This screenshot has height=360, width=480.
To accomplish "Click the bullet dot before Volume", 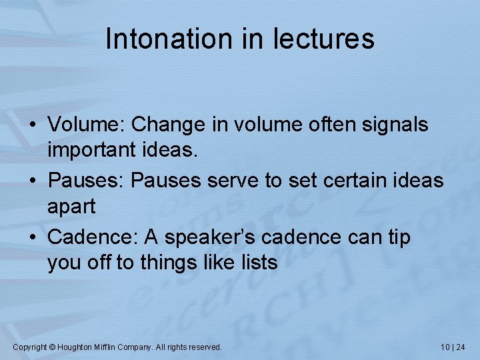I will [x=34, y=125].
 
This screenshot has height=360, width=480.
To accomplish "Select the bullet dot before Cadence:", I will [x=34, y=237].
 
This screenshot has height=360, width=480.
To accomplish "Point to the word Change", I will [x=165, y=125].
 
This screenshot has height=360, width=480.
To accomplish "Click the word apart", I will [x=71, y=207].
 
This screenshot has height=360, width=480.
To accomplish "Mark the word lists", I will [x=256, y=263].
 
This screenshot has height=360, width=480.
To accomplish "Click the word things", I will [x=167, y=263].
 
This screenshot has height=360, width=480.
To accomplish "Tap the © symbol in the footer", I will [x=53, y=347].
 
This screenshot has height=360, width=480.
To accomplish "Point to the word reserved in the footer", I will [x=205, y=347].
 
